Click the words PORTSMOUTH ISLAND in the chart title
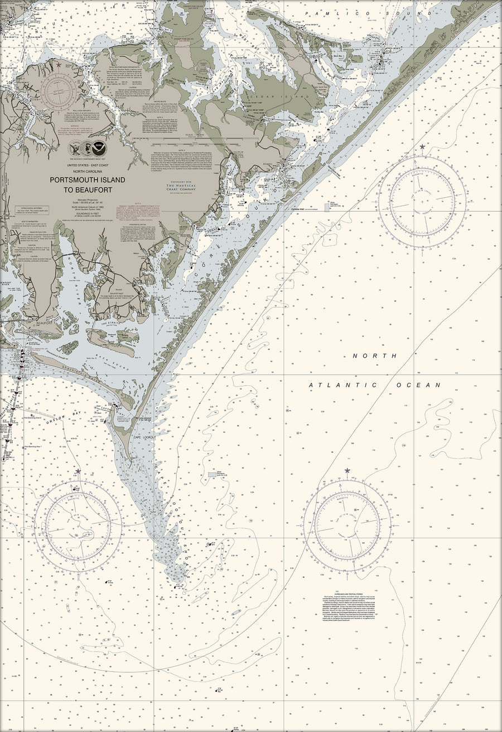point(88,180)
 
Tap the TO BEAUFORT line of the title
point(88,189)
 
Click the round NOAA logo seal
point(99,148)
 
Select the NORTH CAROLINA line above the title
point(88,171)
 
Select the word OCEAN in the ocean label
point(418,385)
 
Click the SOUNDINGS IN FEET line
point(88,212)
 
